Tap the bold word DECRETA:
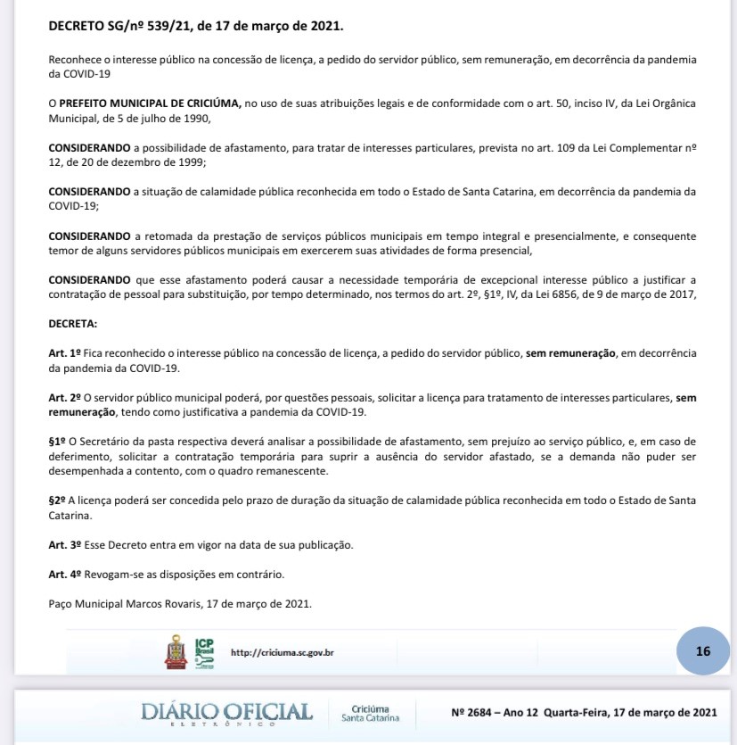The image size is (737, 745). pos(73,323)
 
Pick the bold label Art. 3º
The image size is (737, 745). pos(65,544)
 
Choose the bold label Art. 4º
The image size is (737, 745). pos(65,574)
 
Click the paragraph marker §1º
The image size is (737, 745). pos(58,442)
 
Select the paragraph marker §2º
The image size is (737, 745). pos(58,501)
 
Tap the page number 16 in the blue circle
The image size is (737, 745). pos(703,650)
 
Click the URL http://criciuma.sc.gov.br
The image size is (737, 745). pos(282,652)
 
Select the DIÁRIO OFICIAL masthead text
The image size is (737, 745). pos(227,712)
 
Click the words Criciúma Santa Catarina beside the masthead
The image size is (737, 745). pos(370,712)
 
